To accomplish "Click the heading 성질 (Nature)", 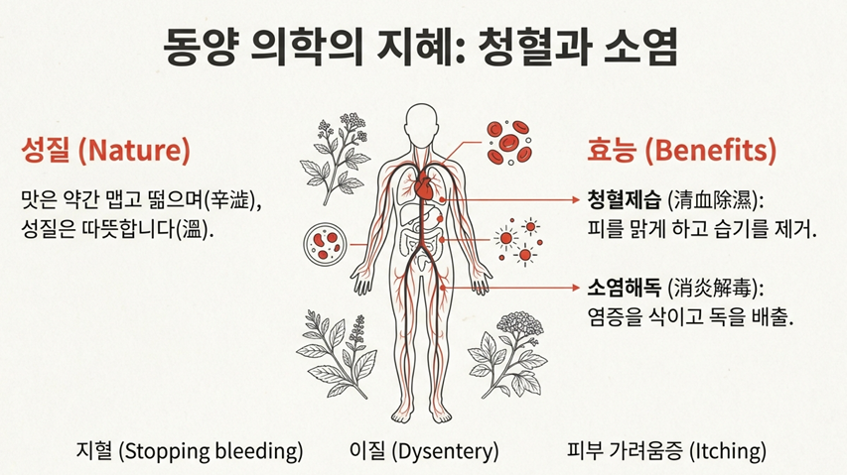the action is [x=105, y=152].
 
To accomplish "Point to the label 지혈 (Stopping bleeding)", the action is [x=190, y=451].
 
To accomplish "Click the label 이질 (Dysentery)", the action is [x=424, y=451].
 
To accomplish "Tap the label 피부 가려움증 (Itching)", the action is [x=666, y=451].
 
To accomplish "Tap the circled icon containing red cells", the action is [x=326, y=241].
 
